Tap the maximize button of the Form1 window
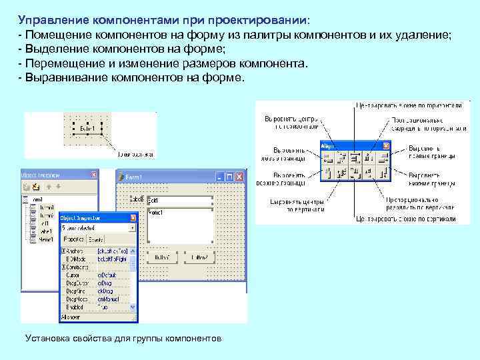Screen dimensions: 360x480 click(x=229, y=178)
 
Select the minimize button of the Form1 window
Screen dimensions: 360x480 click(x=219, y=178)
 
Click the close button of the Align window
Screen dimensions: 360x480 click(x=386, y=145)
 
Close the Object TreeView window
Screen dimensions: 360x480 click(x=94, y=175)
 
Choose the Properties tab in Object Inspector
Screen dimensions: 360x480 click(x=71, y=238)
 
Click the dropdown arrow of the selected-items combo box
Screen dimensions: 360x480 click(x=133, y=227)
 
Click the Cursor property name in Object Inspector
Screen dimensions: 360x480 click(x=73, y=274)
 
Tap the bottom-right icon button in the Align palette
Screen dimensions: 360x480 click(x=383, y=173)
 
